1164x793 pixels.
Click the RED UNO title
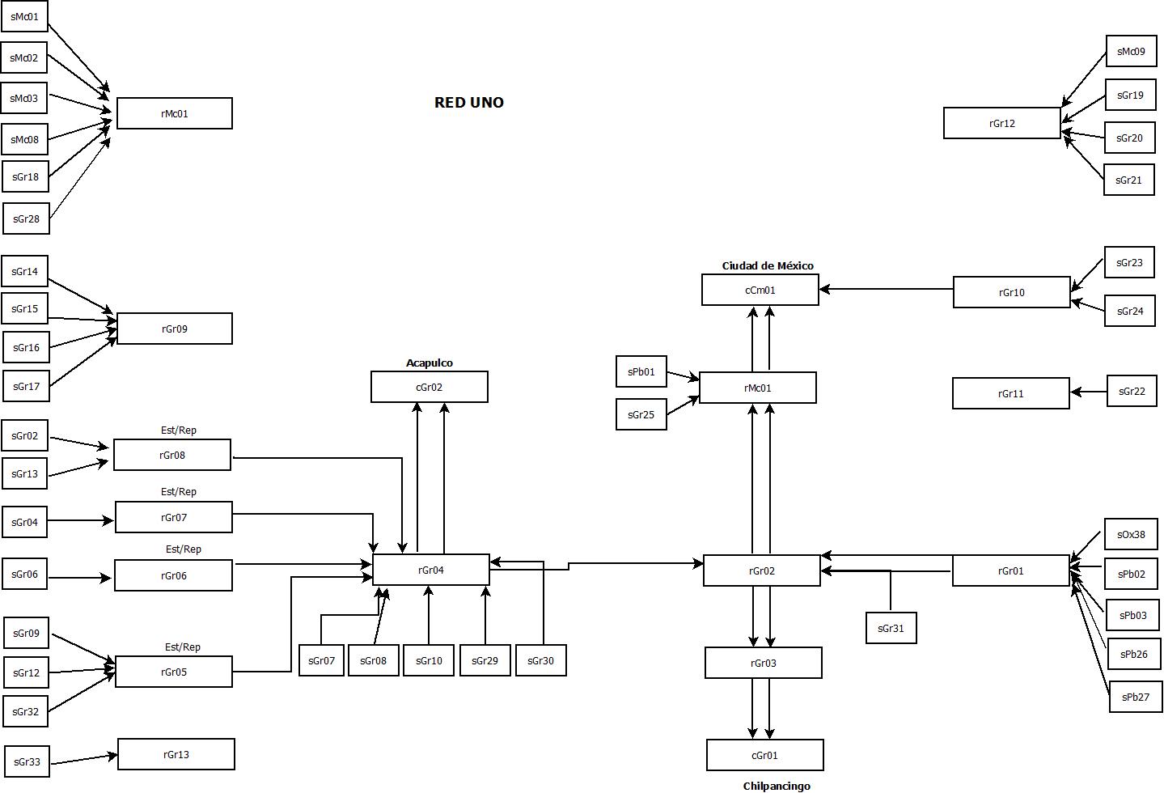(x=469, y=103)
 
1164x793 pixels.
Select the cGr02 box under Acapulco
(x=429, y=387)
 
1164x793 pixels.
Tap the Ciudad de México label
(x=768, y=265)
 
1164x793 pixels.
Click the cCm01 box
(x=760, y=290)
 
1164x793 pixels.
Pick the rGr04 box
(x=430, y=570)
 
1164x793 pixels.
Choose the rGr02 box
(x=761, y=570)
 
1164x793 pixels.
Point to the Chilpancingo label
(x=776, y=786)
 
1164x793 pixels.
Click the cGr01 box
(x=764, y=755)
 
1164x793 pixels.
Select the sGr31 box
(x=891, y=628)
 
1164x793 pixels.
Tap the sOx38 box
(x=1130, y=534)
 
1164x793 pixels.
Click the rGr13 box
(x=176, y=754)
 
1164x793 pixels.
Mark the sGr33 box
(x=27, y=761)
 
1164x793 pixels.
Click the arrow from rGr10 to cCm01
(x=886, y=289)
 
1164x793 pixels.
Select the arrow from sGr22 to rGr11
(x=1089, y=392)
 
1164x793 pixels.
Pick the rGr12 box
(x=1001, y=123)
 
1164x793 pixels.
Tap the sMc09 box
(x=1130, y=52)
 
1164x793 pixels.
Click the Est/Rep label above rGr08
(x=178, y=430)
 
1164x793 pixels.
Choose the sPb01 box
(x=641, y=372)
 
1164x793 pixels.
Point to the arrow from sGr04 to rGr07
(x=81, y=520)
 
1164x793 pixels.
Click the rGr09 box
(x=174, y=329)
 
